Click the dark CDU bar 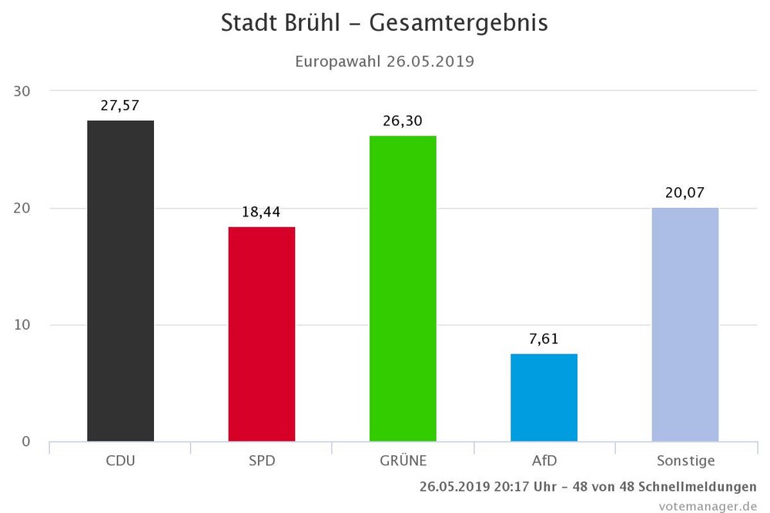[120, 281]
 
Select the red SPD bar [262, 334]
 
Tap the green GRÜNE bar [403, 289]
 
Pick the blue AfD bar [544, 397]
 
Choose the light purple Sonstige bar [685, 324]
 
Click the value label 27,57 [120, 106]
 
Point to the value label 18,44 [262, 212]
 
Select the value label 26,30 [403, 121]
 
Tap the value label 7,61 [544, 339]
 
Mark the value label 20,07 [685, 193]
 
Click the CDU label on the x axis [120, 461]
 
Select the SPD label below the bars [262, 461]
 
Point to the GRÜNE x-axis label [403, 461]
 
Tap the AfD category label [544, 461]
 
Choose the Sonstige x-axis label [685, 461]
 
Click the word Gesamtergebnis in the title [458, 23]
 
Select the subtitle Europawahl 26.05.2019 [384, 60]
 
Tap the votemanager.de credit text [707, 505]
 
